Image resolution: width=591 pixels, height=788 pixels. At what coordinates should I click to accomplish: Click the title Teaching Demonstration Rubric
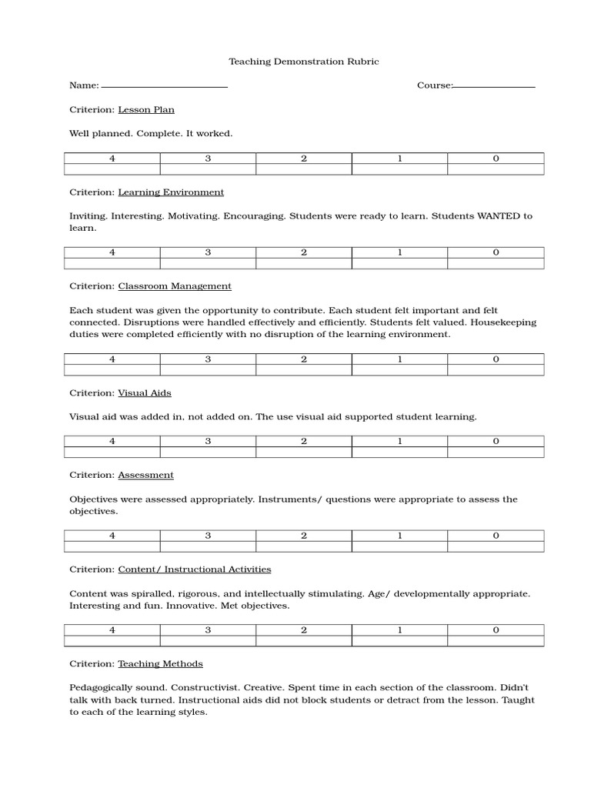pos(304,62)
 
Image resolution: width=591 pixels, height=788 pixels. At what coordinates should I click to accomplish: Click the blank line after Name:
pos(164,86)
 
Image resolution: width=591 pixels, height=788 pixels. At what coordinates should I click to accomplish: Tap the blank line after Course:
pos(494,86)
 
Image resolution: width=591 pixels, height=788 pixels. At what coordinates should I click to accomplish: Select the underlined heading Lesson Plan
pos(146,110)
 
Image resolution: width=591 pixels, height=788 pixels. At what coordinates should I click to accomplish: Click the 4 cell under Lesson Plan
pos(112,159)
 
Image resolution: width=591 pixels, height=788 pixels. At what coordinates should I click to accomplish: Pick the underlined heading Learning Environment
pos(171,192)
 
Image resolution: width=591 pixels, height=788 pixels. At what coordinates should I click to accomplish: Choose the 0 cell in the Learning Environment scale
pos(496,252)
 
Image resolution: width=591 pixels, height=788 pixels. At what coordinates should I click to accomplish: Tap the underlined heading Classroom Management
pos(175,286)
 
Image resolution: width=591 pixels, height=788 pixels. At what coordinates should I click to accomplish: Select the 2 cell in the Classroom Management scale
pos(304,359)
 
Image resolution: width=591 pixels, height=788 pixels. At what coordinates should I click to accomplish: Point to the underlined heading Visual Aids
pos(145,393)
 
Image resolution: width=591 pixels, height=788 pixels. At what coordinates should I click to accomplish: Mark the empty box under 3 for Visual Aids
pos(208,452)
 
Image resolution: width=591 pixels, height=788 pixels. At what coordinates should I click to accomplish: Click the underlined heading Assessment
pos(145,476)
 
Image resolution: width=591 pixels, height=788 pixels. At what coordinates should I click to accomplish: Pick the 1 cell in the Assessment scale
pos(400,536)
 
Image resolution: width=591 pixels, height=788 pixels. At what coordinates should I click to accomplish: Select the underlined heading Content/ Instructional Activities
pos(194,569)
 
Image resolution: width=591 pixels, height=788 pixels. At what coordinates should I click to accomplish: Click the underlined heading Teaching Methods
pos(160,663)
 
